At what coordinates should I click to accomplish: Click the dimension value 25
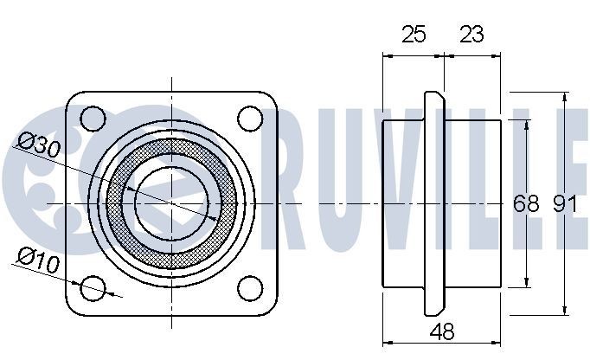pyautogui.click(x=414, y=35)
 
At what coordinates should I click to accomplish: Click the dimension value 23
pyautogui.click(x=471, y=35)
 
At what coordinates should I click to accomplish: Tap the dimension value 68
pyautogui.click(x=526, y=204)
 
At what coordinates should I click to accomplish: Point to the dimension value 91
pyautogui.click(x=564, y=204)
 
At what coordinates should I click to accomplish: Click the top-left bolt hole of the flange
pyautogui.click(x=93, y=117)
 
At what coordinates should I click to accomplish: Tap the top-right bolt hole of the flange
pyautogui.click(x=250, y=117)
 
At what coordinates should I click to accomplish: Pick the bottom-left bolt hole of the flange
pyautogui.click(x=93, y=287)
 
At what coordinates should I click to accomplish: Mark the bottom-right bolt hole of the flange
pyautogui.click(x=250, y=287)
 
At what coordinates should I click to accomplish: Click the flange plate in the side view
pyautogui.click(x=434, y=202)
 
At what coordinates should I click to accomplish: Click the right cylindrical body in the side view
pyautogui.click(x=473, y=202)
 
